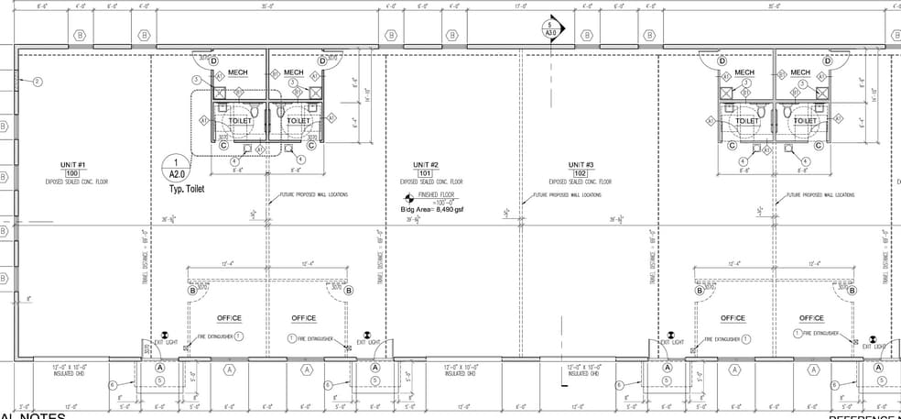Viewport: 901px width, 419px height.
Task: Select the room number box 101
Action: click(x=424, y=173)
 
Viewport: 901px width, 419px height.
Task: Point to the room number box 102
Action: click(x=579, y=173)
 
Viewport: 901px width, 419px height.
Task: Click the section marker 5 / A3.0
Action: click(x=551, y=28)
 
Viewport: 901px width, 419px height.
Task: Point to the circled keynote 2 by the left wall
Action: click(x=38, y=82)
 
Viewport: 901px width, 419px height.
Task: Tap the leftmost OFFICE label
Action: click(x=229, y=318)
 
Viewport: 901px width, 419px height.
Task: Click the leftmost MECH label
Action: click(x=238, y=72)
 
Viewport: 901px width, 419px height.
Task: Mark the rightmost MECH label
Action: click(x=800, y=72)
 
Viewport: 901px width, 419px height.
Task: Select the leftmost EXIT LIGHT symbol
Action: click(x=164, y=335)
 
